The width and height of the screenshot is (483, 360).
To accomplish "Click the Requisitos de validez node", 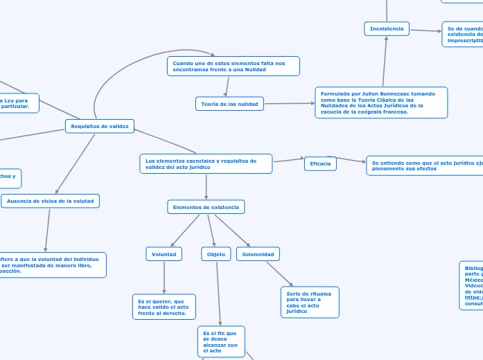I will coord(100,126).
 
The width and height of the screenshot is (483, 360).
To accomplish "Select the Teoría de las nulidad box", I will coord(229,104).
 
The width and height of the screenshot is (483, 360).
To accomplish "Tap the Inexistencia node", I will coord(387,28).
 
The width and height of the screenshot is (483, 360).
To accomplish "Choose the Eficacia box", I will coord(320,163).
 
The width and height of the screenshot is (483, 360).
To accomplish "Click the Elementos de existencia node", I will coord(206,207).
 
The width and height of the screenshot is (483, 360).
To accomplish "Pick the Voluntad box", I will coord(164,254).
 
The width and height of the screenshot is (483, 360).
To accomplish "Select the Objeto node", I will coord(216,254).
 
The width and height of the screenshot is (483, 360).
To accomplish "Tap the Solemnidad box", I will coord(258,254).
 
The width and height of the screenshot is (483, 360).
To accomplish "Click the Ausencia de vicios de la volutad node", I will coord(51,201).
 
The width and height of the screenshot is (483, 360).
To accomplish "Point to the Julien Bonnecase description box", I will coord(381,102).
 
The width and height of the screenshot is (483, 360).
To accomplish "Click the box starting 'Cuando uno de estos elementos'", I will coord(234,66).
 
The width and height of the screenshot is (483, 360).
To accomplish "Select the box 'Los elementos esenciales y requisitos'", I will coord(206,163).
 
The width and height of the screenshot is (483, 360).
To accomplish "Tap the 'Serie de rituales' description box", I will coord(310,303).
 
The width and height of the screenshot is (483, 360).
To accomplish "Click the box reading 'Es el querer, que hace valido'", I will coord(164,307).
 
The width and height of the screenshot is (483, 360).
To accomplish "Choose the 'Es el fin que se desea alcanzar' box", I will coord(221,341).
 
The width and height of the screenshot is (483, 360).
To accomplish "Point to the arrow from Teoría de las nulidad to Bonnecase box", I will coord(289,103).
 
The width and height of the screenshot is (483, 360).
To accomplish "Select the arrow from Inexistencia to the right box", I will coord(425,30).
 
